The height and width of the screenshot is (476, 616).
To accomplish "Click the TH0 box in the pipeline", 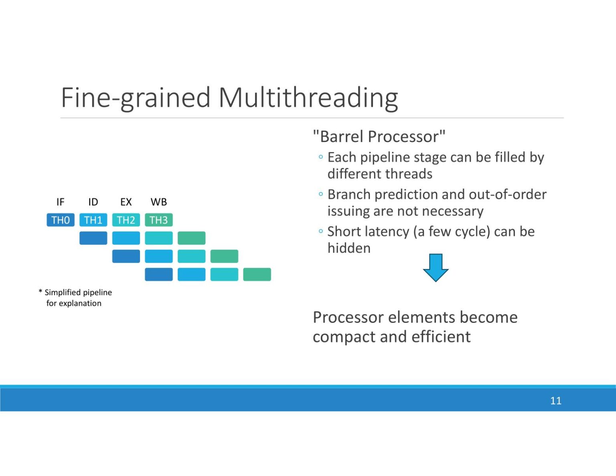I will coord(61,220).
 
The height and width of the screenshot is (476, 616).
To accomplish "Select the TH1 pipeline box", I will coord(93,220).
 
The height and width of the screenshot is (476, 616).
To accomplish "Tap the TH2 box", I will coord(126,220).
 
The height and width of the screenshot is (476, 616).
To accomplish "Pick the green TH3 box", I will coord(159,220).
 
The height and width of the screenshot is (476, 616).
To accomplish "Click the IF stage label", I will coord(60,202).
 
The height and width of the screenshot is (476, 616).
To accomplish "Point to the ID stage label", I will coord(93,202).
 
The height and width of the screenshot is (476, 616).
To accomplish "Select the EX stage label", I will coord(126,202).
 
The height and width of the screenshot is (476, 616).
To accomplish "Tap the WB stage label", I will coord(159,202).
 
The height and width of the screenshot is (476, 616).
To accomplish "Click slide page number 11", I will coord(555,401).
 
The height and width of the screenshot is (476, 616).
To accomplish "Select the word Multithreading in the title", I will coord(308,97).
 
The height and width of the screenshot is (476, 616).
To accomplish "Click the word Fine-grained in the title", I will coord(136,97).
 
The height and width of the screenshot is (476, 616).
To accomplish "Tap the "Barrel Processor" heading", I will coord(379,137).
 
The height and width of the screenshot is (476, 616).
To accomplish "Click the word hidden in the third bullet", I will coord(349,248).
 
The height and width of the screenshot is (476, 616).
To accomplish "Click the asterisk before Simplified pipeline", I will coord(41,292).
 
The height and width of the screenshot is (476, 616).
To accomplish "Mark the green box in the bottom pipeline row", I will coord(257,275).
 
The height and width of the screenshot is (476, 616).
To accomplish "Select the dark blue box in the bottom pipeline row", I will coord(159,275).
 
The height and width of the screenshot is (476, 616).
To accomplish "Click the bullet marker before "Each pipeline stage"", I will coord(320,157).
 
